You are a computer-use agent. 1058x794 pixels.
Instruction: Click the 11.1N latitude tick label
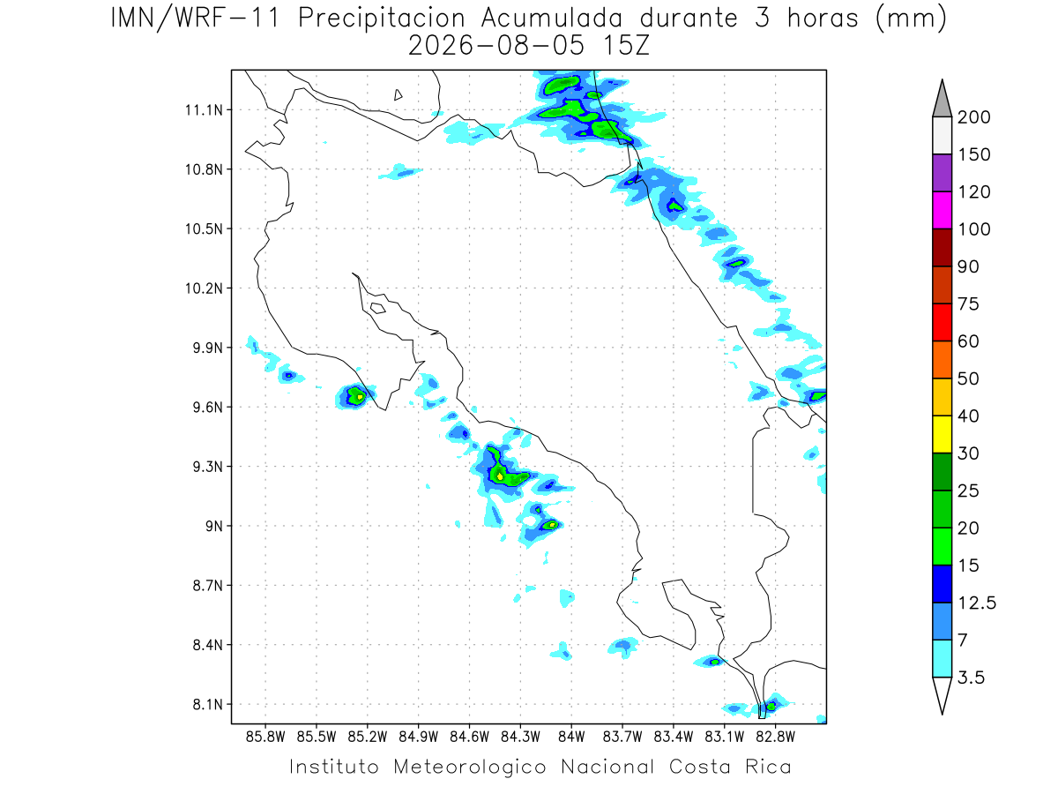click(x=204, y=110)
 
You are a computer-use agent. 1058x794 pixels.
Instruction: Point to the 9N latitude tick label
click(x=214, y=526)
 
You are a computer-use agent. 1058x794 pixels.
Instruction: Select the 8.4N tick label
click(x=208, y=645)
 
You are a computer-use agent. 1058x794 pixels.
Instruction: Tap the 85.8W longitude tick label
click(x=265, y=738)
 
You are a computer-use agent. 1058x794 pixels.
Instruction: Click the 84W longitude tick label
click(x=571, y=738)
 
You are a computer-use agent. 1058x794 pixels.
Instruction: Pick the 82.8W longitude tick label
click(x=775, y=738)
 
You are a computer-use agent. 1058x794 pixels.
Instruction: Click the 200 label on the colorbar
click(x=973, y=117)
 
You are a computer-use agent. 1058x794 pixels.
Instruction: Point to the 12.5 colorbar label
click(x=977, y=603)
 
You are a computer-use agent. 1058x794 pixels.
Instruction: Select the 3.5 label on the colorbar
click(x=971, y=678)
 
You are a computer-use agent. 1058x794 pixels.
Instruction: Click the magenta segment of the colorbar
click(x=942, y=210)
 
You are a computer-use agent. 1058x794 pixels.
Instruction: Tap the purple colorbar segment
click(x=942, y=173)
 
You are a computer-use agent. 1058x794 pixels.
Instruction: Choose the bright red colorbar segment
click(x=942, y=323)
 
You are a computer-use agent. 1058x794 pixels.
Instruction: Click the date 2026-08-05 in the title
click(x=495, y=46)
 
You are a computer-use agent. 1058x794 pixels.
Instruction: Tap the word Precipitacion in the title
click(x=382, y=19)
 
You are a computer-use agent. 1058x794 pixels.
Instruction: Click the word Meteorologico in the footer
click(x=469, y=768)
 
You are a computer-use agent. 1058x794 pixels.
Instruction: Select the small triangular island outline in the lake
click(x=398, y=95)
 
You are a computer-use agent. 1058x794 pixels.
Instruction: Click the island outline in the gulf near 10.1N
click(x=378, y=308)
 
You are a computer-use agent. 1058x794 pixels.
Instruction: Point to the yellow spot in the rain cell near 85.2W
click(x=360, y=397)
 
